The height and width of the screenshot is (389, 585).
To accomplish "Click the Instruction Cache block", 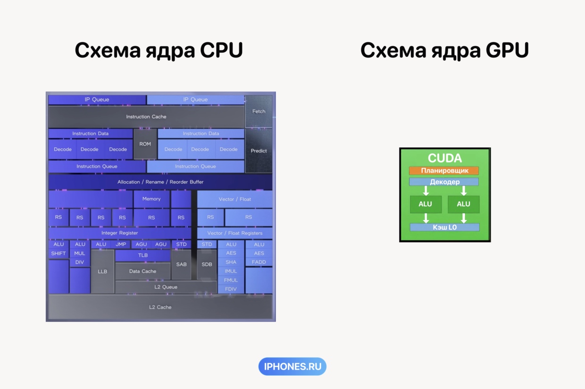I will (x=146, y=117).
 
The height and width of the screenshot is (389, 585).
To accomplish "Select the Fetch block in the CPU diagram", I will (x=259, y=111).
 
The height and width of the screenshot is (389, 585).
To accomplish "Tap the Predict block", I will (x=259, y=151).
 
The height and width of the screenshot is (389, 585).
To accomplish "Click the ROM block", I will (x=145, y=144).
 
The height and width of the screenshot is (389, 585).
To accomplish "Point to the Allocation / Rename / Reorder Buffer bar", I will (x=160, y=182).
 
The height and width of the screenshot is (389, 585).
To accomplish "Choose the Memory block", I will (x=151, y=199).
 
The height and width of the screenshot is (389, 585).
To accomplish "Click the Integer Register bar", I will (x=120, y=233).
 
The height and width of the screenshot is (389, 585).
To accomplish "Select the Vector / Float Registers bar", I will (x=234, y=233).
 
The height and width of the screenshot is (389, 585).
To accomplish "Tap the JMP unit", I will (x=121, y=244).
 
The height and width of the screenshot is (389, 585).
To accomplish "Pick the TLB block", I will (x=143, y=255).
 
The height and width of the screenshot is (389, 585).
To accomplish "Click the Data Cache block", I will (x=142, y=271).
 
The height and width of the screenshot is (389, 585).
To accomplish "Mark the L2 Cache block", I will (x=160, y=307).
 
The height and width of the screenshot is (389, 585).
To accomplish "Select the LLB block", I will (x=102, y=271).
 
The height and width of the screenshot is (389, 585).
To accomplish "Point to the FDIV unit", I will (x=231, y=289).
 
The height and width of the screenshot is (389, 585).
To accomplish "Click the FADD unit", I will (x=259, y=262).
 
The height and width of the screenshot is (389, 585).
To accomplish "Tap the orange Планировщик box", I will (x=444, y=171).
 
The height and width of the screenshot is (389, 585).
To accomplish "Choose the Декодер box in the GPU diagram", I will (x=444, y=182).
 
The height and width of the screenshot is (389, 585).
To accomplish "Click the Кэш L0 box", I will (x=444, y=227).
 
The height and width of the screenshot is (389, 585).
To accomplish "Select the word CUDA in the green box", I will (x=444, y=158).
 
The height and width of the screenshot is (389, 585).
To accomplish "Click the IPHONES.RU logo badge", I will (x=292, y=366).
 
